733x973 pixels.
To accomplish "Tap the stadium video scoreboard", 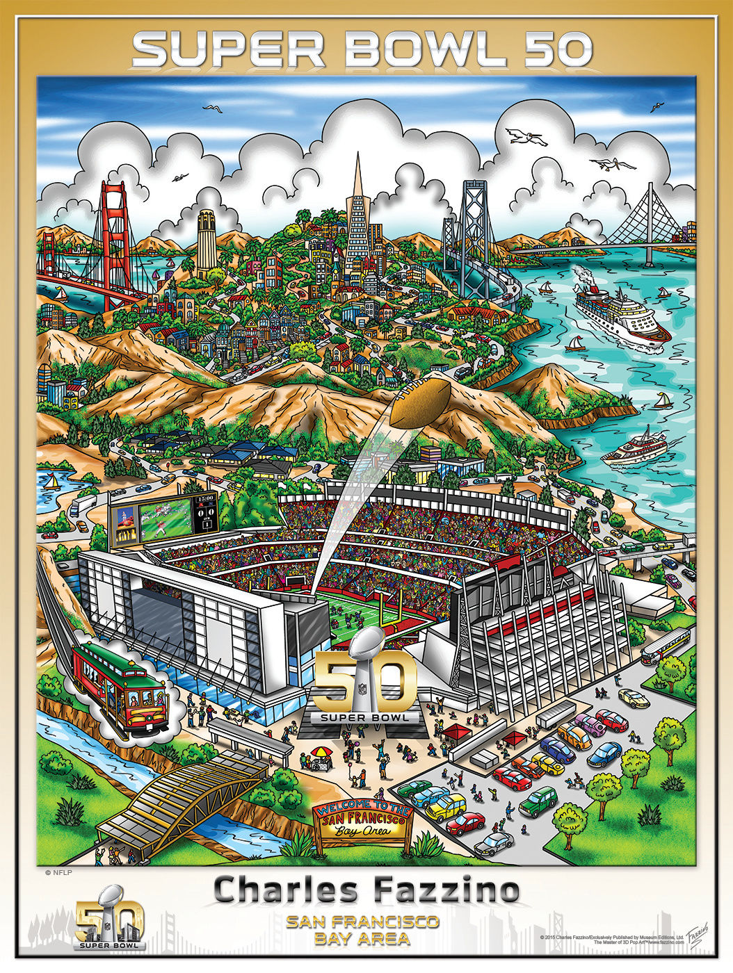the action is (x=164, y=518).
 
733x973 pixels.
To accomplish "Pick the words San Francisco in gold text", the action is (x=362, y=922).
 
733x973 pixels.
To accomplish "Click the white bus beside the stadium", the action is (x=666, y=646).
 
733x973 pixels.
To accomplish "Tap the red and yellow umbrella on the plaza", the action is (x=321, y=753).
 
